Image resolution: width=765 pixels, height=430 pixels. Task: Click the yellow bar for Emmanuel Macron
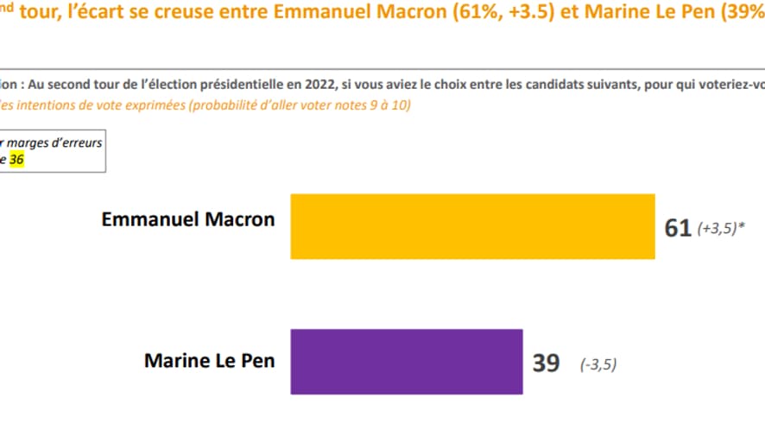point(473,226)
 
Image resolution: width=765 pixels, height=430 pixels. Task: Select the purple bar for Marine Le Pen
point(407,361)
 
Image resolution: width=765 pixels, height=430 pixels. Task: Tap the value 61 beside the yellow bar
point(678,228)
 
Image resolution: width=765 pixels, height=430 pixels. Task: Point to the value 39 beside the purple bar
point(546,363)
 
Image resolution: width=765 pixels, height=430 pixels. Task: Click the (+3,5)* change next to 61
point(721,229)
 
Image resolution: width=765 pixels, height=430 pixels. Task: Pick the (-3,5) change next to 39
point(598,364)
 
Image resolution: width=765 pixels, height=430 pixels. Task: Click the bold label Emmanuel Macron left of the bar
point(188,219)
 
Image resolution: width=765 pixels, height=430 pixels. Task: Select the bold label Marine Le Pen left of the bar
point(209,360)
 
